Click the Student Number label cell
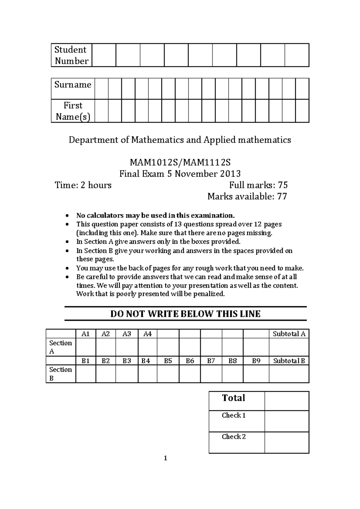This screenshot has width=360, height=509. click(x=71, y=55)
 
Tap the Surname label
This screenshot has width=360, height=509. click(x=73, y=85)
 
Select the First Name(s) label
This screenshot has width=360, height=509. click(x=73, y=111)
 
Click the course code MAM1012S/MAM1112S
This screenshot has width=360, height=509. click(x=180, y=162)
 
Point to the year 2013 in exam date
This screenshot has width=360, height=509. click(x=230, y=174)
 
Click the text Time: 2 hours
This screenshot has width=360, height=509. click(x=83, y=185)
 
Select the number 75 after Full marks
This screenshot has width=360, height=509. click(x=283, y=185)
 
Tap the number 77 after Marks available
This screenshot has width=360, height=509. click(x=282, y=197)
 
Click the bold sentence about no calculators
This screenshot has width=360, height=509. click(x=155, y=215)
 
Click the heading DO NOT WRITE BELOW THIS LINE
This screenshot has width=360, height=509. click(x=185, y=314)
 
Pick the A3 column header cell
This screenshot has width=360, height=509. click(x=127, y=334)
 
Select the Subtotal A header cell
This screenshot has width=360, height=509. click(x=289, y=334)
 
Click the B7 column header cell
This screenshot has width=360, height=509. click(x=211, y=361)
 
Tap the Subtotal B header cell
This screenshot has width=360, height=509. click(x=289, y=361)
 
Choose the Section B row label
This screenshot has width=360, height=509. click(x=60, y=374)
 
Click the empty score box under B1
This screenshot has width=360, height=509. click(x=86, y=374)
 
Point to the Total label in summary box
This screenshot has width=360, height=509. click(x=233, y=398)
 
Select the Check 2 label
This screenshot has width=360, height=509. click(x=234, y=437)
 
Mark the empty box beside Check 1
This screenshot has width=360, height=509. click(x=286, y=421)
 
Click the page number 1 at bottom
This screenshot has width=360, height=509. click(x=165, y=458)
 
